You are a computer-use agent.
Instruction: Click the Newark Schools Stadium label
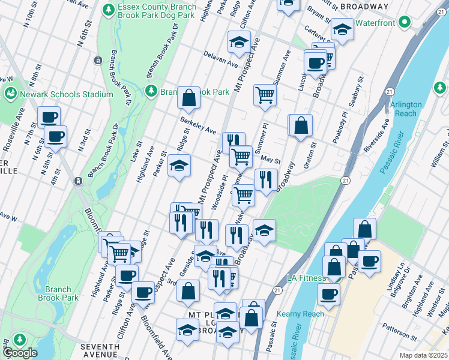click(66, 94)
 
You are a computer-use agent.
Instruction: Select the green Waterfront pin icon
click(405, 23)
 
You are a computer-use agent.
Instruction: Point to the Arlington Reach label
click(406, 109)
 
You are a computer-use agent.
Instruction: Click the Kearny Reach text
click(300, 314)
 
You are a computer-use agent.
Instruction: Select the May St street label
click(271, 160)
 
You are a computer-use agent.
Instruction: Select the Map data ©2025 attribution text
click(423, 355)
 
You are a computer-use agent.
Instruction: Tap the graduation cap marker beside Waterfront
click(342, 29)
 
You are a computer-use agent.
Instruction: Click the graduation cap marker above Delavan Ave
click(238, 43)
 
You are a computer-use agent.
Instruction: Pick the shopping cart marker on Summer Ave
click(265, 95)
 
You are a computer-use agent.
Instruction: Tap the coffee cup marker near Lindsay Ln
click(370, 262)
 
